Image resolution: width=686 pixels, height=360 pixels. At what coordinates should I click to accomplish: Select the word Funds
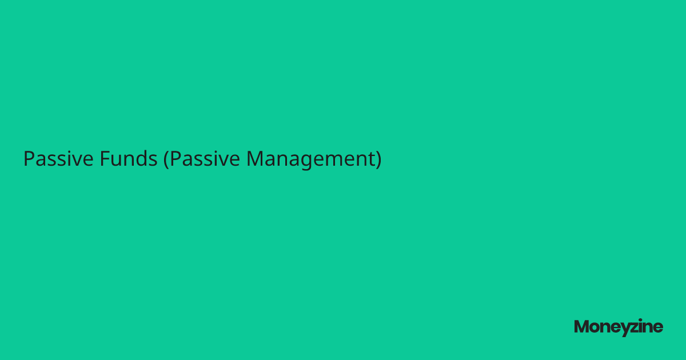click(129, 159)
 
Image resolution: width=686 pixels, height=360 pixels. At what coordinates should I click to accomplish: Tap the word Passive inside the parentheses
click(205, 159)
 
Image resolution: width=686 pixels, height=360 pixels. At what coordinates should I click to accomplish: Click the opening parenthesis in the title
click(166, 159)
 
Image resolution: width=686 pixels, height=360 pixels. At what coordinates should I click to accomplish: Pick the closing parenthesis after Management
click(378, 159)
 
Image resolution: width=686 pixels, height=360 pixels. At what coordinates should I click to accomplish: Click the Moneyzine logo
click(619, 327)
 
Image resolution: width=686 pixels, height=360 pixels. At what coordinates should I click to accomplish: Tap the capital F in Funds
click(105, 158)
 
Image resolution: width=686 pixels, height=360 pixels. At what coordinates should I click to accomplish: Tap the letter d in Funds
click(141, 158)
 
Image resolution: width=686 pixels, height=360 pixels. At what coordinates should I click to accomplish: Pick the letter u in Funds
click(116, 160)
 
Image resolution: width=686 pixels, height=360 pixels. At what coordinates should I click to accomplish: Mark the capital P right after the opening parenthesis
click(175, 158)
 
